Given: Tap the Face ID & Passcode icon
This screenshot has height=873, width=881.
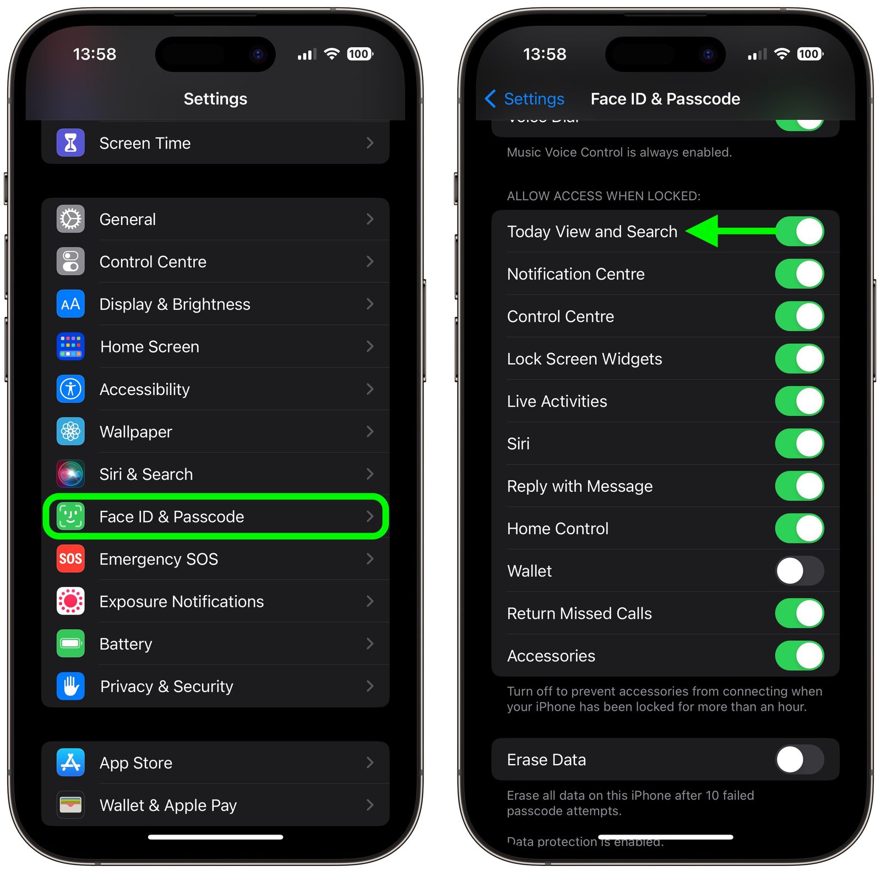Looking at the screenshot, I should coord(70,517).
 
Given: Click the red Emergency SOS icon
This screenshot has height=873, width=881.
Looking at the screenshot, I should coord(70,559).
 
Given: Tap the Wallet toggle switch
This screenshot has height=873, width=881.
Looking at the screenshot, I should coord(799,571).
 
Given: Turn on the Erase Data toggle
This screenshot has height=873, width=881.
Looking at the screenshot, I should coord(799,760).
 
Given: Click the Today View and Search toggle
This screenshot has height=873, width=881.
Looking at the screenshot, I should coord(799,232).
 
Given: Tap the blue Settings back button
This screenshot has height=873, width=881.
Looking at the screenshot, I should coord(525,99).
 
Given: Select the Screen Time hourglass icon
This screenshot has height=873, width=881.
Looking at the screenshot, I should coord(70,143).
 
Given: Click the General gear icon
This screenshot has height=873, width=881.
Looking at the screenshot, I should coord(70,219).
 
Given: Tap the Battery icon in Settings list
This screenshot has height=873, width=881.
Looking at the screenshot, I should coord(70,644).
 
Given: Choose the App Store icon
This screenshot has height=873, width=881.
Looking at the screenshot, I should coord(70,762).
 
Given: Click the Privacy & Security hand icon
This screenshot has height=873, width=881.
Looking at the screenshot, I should coord(70,686).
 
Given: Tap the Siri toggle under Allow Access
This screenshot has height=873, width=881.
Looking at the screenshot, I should coord(799,443).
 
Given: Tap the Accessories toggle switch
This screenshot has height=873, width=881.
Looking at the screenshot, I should coord(799,656).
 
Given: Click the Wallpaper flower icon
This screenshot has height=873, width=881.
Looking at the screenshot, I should coord(70,431).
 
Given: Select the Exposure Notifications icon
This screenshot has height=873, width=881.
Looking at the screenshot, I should coord(70,601).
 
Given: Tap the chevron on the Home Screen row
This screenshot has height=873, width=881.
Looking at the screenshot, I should coord(370,347).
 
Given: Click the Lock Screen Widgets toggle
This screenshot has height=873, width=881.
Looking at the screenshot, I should coord(799,359).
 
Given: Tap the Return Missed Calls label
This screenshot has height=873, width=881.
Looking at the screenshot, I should coord(579,613).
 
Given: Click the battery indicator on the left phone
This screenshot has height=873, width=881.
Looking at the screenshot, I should coord(360,54).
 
